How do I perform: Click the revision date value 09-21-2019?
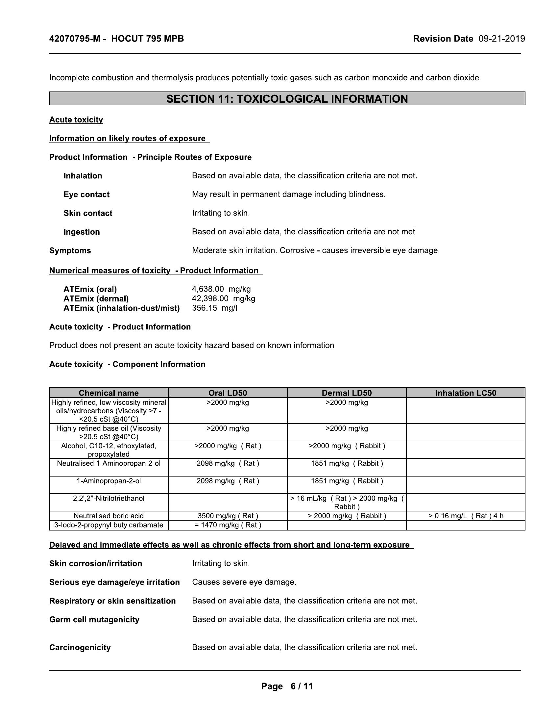click(502, 39)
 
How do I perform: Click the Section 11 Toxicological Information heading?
click(287, 99)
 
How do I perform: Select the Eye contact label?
click(86, 194)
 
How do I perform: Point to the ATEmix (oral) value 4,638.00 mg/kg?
click(221, 289)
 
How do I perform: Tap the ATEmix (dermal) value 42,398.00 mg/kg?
click(224, 299)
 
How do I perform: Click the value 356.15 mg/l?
click(215, 308)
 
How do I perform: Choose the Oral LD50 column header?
click(228, 393)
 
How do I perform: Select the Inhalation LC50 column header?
click(466, 393)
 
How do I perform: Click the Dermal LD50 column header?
click(347, 393)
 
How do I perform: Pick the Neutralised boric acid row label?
click(109, 516)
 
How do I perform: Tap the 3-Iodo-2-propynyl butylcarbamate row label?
click(109, 525)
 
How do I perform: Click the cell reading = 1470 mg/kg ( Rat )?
click(228, 525)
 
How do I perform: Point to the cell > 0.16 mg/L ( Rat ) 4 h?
click(466, 516)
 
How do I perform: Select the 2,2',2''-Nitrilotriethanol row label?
click(109, 499)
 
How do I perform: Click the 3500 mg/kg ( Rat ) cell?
click(228, 516)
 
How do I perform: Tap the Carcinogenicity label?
click(80, 647)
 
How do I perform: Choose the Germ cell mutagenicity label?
click(94, 620)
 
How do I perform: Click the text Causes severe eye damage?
click(244, 582)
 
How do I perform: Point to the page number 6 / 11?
click(302, 686)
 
